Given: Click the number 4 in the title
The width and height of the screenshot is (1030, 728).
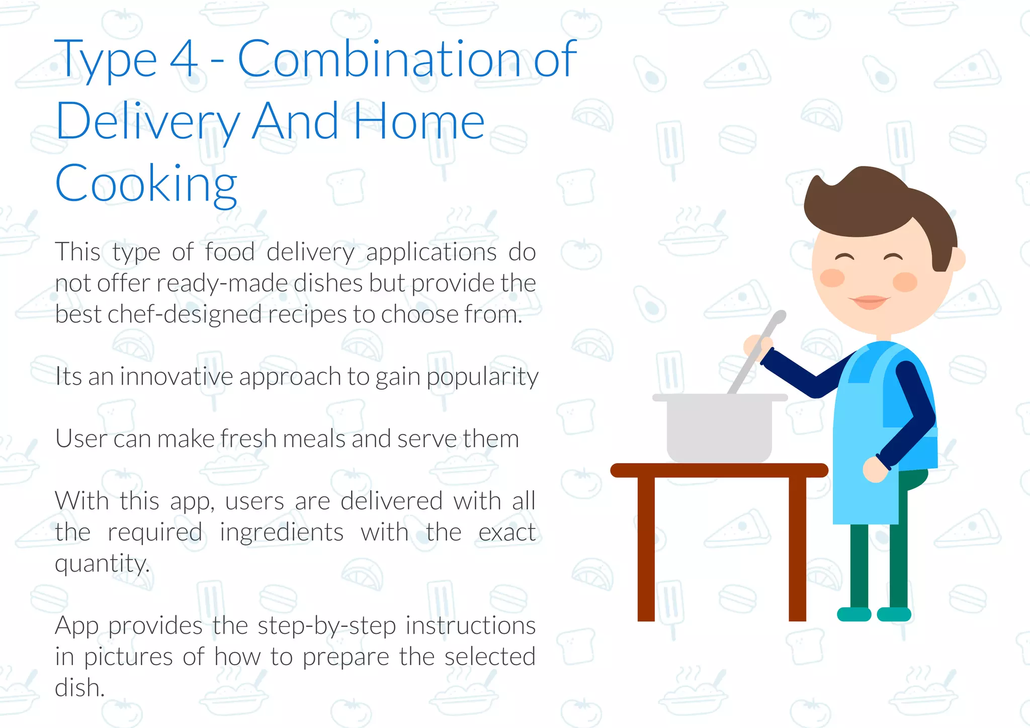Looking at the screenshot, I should tap(184, 59).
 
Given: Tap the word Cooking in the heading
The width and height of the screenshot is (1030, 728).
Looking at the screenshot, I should tap(146, 184).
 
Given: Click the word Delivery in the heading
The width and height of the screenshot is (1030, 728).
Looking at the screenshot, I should tap(147, 122).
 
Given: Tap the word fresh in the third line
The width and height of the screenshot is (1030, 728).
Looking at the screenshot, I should tap(247, 438).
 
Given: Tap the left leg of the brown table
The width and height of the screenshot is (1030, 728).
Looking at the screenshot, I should tap(646, 548).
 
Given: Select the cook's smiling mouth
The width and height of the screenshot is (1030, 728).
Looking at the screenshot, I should tap(869, 302).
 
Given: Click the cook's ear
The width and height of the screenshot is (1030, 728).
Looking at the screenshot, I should tap(959, 259).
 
